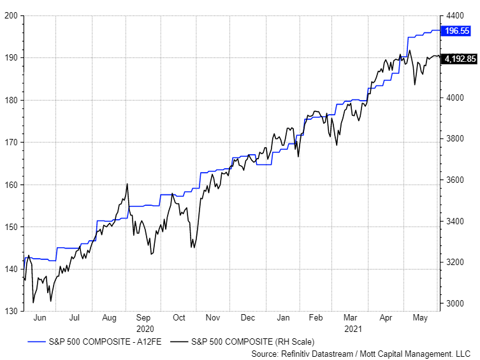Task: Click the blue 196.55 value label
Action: (456, 31)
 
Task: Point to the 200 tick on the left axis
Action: (10, 15)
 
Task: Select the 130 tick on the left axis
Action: (10, 312)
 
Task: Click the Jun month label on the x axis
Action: (40, 317)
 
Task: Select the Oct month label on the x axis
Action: (179, 317)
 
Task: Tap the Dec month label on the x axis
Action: (249, 317)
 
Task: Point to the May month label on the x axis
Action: (420, 317)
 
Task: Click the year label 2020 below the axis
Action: (144, 328)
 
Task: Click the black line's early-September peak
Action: (127, 184)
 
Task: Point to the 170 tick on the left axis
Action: (10, 142)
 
